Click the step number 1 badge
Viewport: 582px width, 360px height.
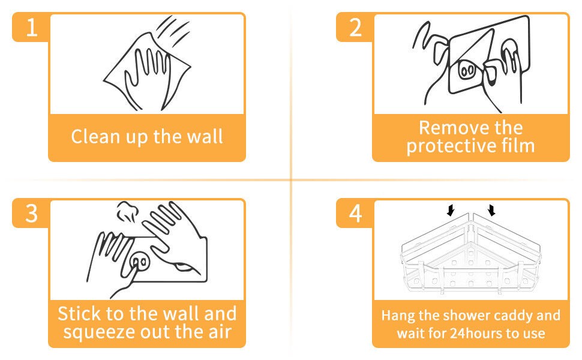coord(31,27)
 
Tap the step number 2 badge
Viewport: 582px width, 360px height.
coord(355,27)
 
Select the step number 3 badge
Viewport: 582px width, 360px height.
coord(31,214)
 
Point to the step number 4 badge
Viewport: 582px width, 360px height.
coord(355,214)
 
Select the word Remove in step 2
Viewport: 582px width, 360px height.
coord(449,128)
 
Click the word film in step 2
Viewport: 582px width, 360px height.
coord(518,145)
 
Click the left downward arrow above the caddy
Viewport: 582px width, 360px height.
coord(450,210)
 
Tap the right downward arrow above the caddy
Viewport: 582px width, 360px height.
coord(492,210)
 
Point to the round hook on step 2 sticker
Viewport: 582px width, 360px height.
coord(467,70)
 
